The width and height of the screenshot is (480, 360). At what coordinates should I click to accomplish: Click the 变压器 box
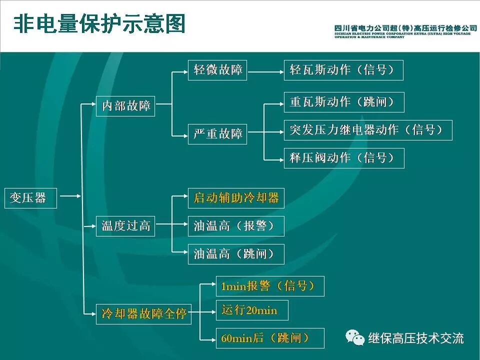tap(30, 198)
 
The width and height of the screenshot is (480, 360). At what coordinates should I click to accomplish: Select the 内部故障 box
tap(125, 106)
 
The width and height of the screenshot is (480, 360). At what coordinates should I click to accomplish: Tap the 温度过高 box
tap(125, 226)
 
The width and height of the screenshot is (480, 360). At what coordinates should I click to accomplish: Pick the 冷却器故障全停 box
tap(143, 314)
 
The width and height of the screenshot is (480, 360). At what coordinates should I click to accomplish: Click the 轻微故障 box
tap(217, 70)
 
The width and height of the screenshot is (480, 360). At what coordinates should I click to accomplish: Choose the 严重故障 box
tap(217, 134)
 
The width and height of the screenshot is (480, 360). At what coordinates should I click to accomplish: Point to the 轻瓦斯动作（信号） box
tap(343, 70)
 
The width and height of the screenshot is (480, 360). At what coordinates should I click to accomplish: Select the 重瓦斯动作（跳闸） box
tap(343, 102)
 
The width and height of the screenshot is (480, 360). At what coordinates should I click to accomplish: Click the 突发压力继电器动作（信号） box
tap(368, 130)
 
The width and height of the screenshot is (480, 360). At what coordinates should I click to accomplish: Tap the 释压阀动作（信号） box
tap(343, 158)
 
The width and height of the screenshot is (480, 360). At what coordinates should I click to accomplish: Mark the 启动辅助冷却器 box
tap(236, 198)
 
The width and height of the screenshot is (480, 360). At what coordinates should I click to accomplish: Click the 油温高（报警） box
tap(236, 226)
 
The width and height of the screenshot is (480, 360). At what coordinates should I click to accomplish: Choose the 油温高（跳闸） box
tap(236, 254)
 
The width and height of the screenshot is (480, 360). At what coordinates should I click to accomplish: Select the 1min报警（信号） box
tap(270, 286)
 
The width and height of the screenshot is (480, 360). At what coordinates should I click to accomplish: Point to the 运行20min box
tap(252, 310)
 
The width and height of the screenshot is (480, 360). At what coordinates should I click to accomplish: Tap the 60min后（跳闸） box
tap(270, 338)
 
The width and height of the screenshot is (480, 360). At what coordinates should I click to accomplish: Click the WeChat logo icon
tap(356, 338)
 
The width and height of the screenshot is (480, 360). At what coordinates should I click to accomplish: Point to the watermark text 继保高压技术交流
tap(416, 338)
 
